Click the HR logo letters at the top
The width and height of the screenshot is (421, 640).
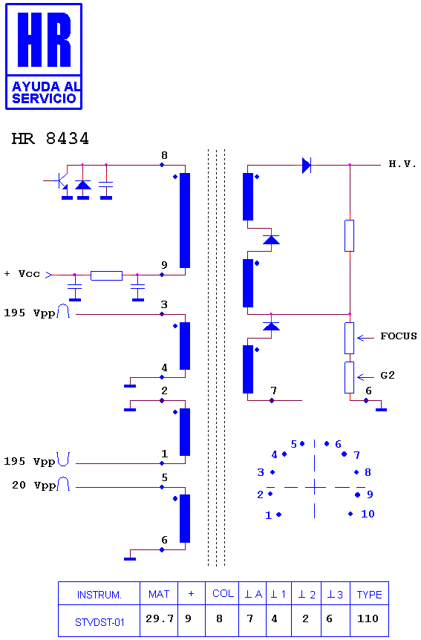44,39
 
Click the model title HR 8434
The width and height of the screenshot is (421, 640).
50,139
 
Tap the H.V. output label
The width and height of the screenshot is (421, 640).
402,164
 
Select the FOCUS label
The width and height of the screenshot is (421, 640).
399,336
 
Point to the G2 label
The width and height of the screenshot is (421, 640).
388,375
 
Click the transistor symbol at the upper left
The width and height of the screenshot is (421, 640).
59,180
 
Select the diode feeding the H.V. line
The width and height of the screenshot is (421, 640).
306,166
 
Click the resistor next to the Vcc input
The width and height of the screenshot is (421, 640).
106,275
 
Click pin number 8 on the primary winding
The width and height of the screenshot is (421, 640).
164,155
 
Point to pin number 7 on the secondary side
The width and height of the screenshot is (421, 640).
273,391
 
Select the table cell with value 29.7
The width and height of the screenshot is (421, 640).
159,618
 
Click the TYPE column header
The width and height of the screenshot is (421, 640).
370,595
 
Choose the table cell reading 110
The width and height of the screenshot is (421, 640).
368,618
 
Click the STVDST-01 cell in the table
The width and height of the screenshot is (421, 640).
99,622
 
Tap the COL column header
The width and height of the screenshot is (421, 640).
223,593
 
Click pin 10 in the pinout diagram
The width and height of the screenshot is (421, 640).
368,514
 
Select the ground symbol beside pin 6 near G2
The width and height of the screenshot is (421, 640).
381,409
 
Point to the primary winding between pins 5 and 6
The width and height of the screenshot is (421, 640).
185,518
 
